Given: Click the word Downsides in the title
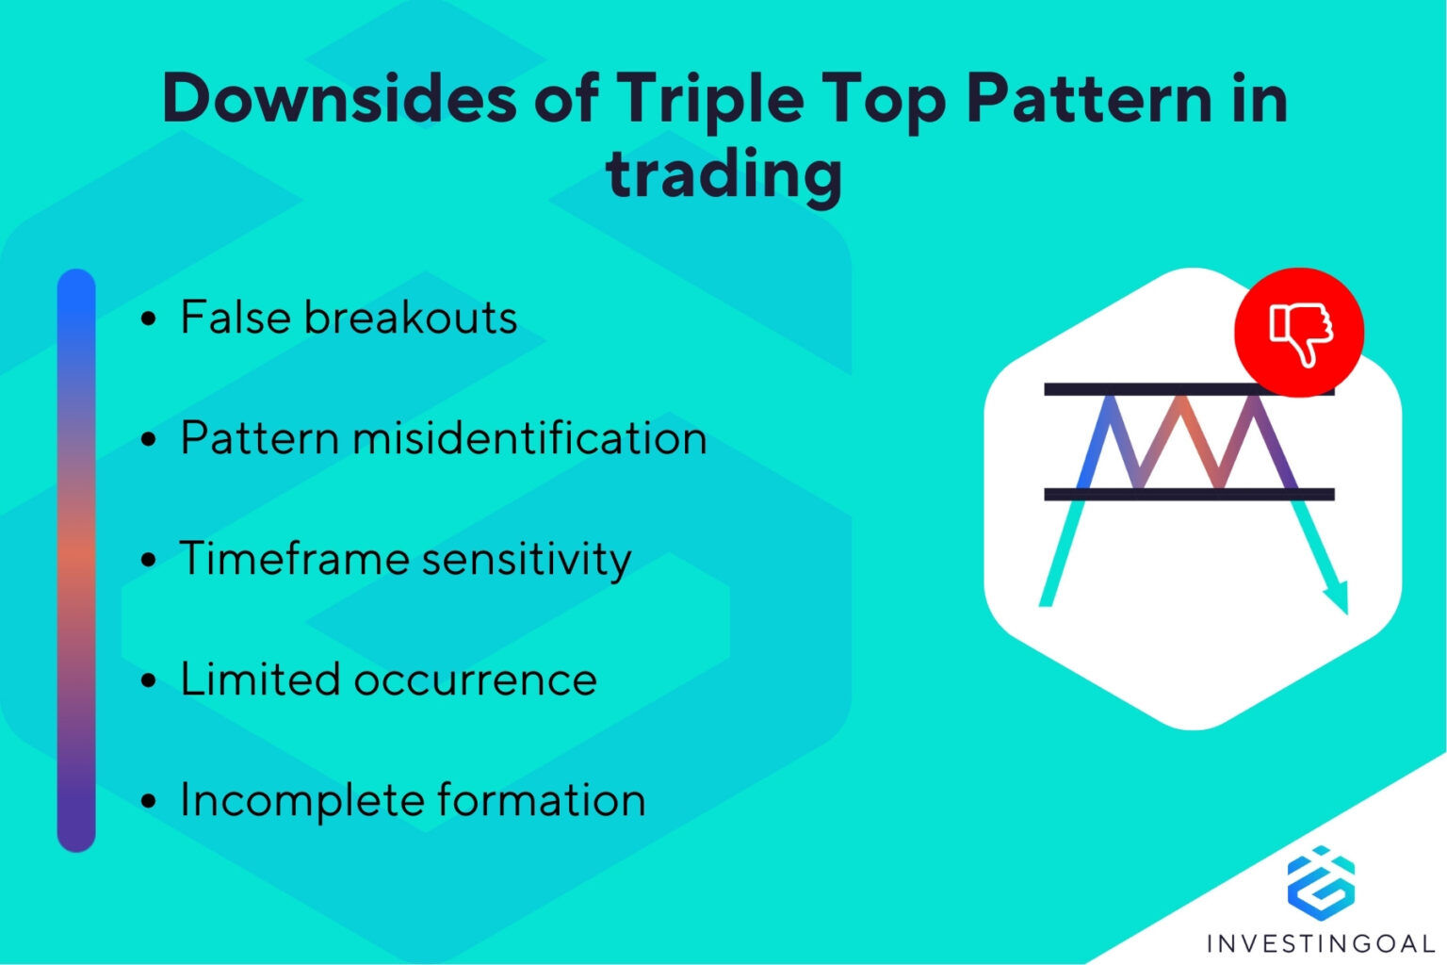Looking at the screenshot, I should (339, 98).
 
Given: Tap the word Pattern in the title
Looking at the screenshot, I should (1090, 98).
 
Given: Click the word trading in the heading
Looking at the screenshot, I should (723, 175).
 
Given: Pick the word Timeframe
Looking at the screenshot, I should (293, 559).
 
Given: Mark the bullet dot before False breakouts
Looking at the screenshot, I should (148, 319).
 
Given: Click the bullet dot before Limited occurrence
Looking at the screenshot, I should (148, 680).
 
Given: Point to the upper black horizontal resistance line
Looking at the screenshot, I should (1140, 389).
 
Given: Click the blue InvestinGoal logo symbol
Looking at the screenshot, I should (1321, 882).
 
